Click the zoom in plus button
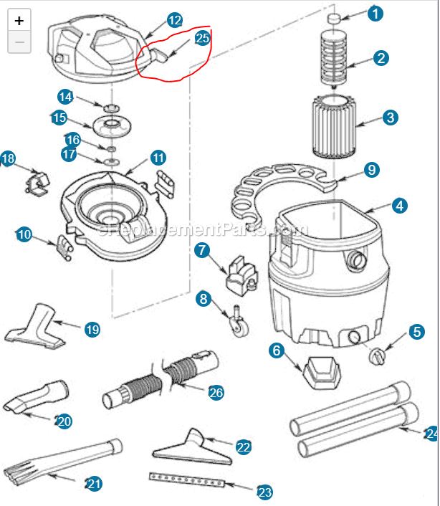pos(19,20)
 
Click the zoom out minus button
pos(19,42)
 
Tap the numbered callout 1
pos(375,13)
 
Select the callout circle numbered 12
pos(174,20)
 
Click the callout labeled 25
pos(202,38)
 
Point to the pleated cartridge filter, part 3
pos(335,128)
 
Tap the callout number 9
pos(370,170)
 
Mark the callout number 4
pos(398,206)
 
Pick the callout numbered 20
pos(63,421)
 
